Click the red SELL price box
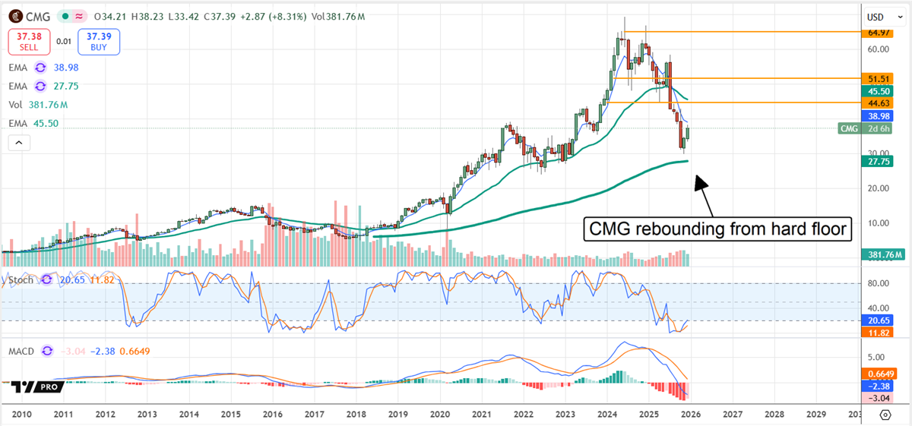[x=29, y=42]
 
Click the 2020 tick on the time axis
[x=440, y=415]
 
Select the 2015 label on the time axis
[x=230, y=415]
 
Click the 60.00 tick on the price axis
[x=879, y=49]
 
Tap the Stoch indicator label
[x=21, y=279]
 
